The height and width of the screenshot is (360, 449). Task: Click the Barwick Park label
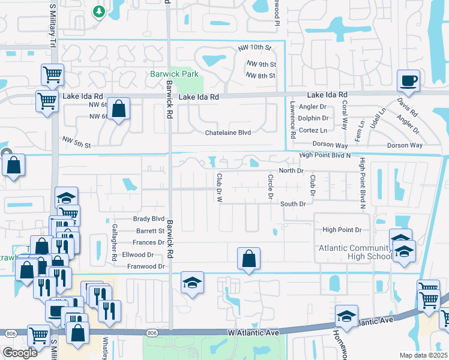click(x=173, y=74)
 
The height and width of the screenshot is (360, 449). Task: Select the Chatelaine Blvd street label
click(x=228, y=132)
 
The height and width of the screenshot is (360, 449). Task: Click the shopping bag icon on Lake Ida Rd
click(x=119, y=109)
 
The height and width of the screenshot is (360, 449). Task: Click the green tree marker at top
click(x=98, y=11)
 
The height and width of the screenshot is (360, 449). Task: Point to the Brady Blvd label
click(x=149, y=219)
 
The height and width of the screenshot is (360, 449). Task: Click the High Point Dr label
click(x=342, y=230)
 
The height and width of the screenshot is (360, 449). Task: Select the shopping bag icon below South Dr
click(x=249, y=259)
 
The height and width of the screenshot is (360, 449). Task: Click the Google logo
click(x=19, y=353)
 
